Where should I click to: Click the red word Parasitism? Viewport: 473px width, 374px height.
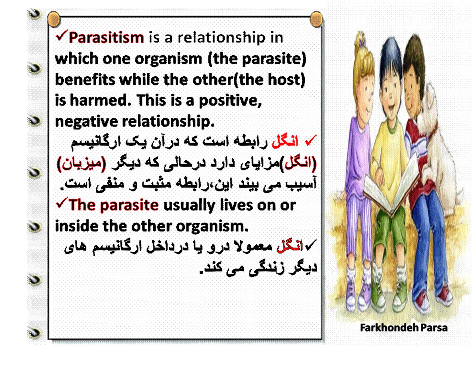click(106, 38)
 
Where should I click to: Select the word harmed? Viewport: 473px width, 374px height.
click(101, 100)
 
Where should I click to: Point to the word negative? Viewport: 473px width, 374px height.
click(86, 122)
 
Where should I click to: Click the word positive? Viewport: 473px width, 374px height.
click(230, 101)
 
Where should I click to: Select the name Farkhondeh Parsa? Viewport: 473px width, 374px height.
click(404, 328)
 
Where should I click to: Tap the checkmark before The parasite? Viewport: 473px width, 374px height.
click(62, 203)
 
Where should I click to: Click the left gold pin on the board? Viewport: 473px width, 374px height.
click(54, 19)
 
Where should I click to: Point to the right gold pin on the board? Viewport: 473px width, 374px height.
click(316, 19)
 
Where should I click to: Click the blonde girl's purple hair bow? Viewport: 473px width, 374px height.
click(361, 42)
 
